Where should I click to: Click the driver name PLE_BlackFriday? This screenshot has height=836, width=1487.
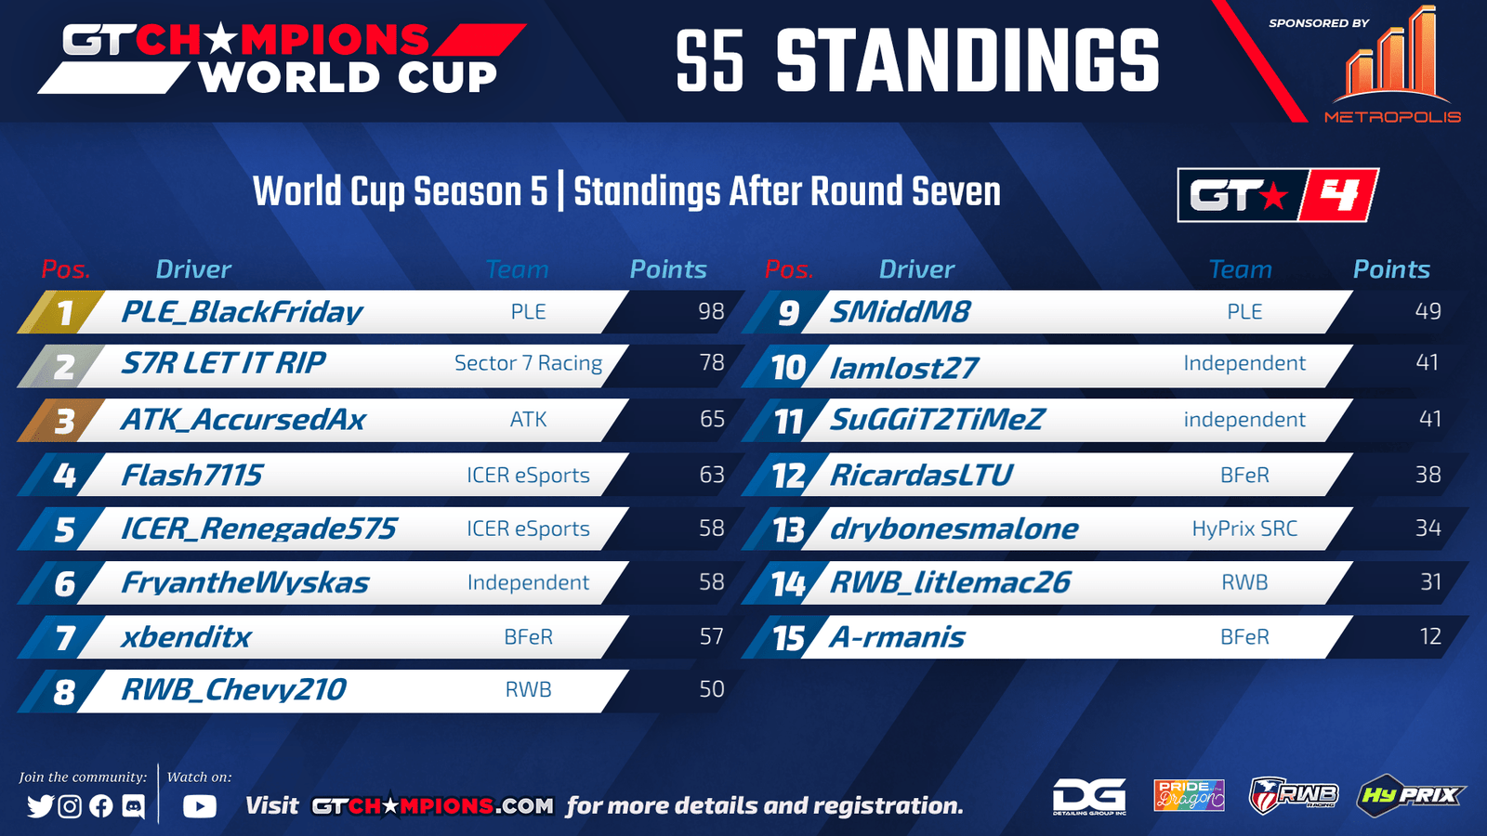(242, 312)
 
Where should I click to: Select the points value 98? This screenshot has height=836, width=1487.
(711, 311)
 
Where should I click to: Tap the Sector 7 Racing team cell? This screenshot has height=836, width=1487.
(529, 363)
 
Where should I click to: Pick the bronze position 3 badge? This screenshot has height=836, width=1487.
(61, 421)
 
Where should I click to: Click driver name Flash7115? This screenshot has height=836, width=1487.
(191, 475)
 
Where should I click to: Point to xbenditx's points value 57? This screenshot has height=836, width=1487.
(711, 637)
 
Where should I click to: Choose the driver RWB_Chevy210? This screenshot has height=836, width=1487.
(233, 690)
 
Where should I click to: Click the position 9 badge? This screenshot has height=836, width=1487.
(786, 312)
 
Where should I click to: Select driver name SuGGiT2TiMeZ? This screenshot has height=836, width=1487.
(937, 419)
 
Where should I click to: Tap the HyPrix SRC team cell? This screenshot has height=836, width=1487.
(1244, 529)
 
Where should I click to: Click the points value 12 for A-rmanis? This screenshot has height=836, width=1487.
(1430, 637)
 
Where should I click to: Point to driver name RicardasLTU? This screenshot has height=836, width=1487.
(921, 475)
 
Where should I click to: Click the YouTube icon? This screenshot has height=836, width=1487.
(200, 806)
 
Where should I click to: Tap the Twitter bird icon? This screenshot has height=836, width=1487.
(41, 806)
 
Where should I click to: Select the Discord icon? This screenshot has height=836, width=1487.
(134, 806)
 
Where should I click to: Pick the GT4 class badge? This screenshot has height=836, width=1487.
(1278, 195)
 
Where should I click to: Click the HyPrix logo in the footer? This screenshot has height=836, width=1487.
(1410, 795)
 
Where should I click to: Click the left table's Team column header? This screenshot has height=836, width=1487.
(517, 269)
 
